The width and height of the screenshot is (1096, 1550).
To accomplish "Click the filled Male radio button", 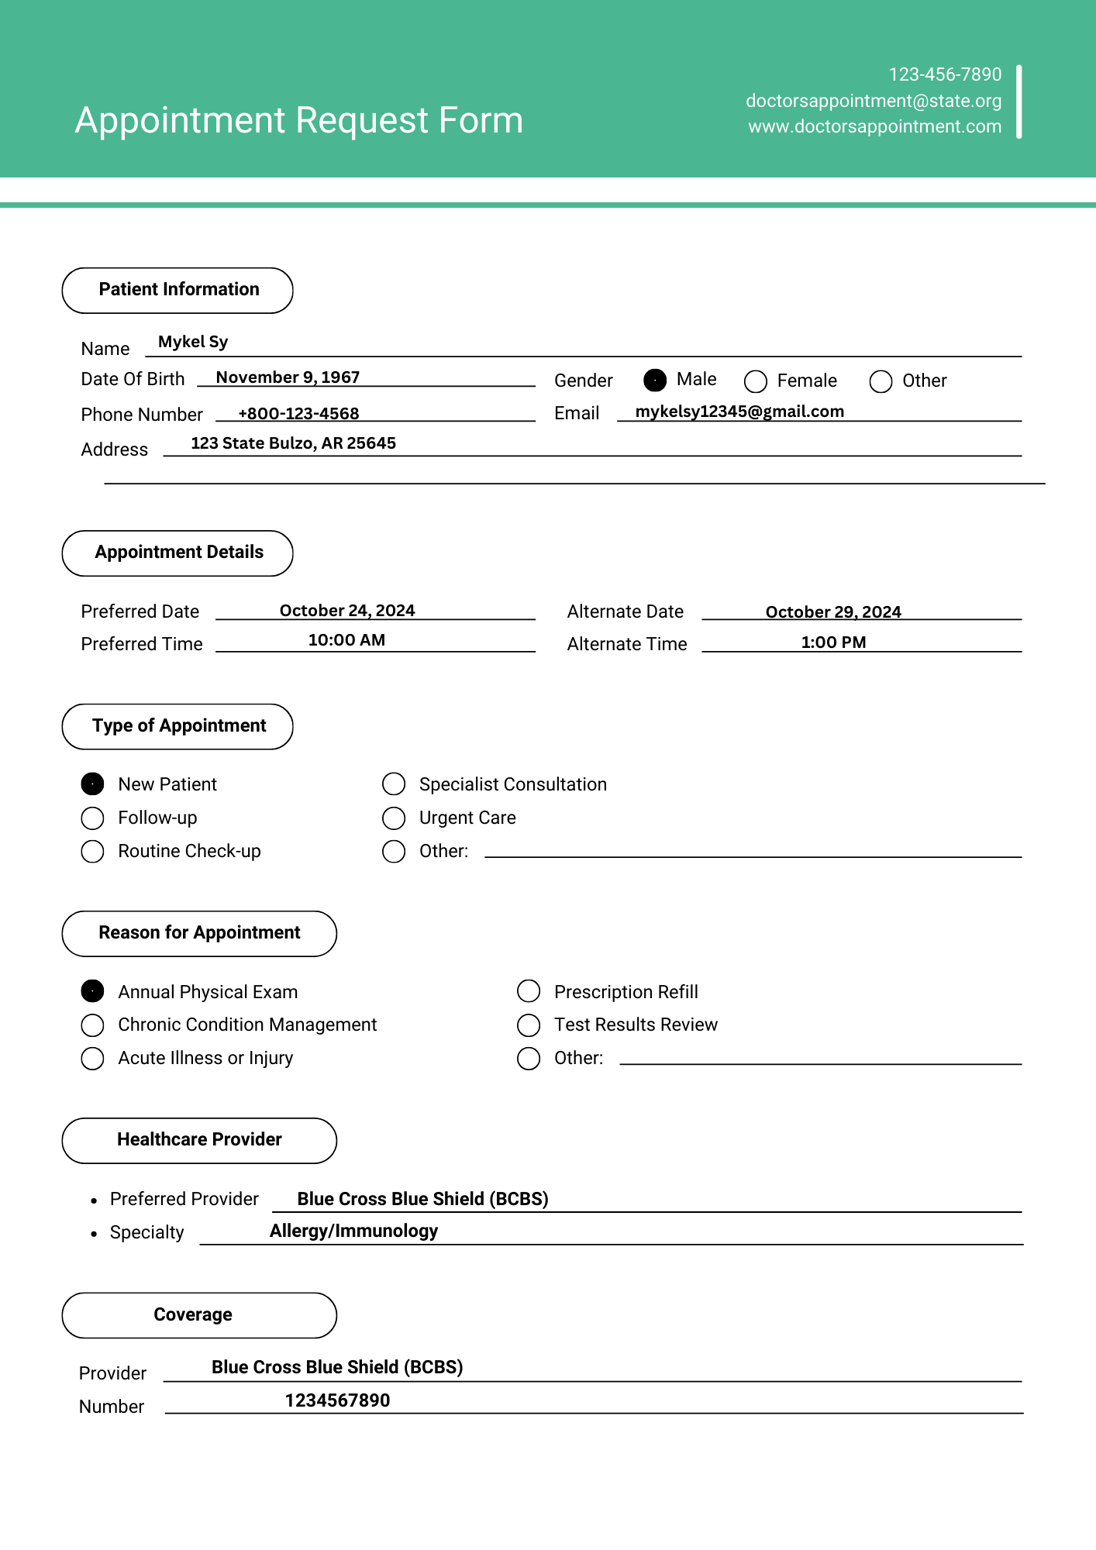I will click(655, 381).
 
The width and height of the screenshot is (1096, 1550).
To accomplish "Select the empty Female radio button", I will click(756, 381).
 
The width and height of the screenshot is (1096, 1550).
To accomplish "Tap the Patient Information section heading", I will click(178, 290).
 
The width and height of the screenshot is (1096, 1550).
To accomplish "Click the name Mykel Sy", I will click(193, 342).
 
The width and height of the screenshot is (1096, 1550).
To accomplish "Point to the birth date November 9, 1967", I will click(288, 377).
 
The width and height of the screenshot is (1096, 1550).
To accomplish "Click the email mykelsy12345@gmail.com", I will click(739, 412).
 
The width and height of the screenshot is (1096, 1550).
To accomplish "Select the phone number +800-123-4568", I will click(298, 414).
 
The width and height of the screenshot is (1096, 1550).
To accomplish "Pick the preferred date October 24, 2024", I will click(347, 611).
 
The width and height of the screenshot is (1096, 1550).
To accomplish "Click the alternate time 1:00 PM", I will click(833, 642).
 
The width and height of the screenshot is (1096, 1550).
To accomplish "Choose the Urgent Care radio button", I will click(394, 818).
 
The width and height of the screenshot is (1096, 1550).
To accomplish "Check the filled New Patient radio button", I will click(93, 784).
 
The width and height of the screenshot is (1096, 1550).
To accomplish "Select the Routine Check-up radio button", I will click(93, 852).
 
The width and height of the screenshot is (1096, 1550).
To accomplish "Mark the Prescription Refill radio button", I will click(529, 991).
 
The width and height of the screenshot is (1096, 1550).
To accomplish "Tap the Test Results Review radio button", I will click(529, 1025).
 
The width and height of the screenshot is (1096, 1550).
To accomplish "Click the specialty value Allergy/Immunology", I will click(353, 1231).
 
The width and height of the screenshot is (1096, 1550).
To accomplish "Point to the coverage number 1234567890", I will click(337, 1400).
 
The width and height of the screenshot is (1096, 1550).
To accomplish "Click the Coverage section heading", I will click(193, 1315).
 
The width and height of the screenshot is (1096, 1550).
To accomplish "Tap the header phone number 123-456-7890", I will click(945, 74).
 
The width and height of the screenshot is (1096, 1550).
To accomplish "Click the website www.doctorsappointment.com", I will click(874, 126).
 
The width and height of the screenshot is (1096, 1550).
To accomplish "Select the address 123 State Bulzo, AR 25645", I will click(293, 443).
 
